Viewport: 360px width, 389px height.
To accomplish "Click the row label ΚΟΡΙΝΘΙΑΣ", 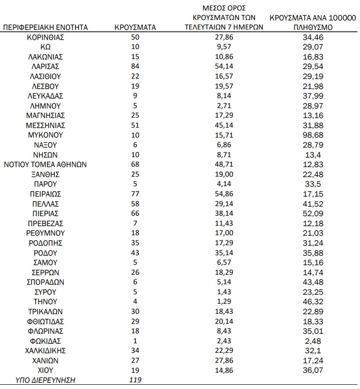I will pos(46,37).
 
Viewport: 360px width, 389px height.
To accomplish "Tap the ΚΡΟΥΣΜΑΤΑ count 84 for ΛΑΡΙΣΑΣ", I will pos(135,67).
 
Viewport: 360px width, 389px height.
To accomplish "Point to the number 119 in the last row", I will pos(135,380).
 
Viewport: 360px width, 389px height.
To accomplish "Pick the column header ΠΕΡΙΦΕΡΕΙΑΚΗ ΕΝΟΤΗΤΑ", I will pos(46,28).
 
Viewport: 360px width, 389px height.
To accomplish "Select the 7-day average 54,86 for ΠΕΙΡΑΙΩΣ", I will pos(224,194).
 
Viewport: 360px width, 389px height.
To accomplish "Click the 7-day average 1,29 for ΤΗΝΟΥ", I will pos(224,302).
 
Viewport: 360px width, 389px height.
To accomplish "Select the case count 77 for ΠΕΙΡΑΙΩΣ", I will pos(135,194).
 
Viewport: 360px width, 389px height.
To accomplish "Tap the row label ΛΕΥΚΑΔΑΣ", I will pos(46,96).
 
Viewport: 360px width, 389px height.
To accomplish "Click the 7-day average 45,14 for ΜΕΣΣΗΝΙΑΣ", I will pos(224,126).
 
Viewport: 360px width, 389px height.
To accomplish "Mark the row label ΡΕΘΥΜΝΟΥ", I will pos(46,233).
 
